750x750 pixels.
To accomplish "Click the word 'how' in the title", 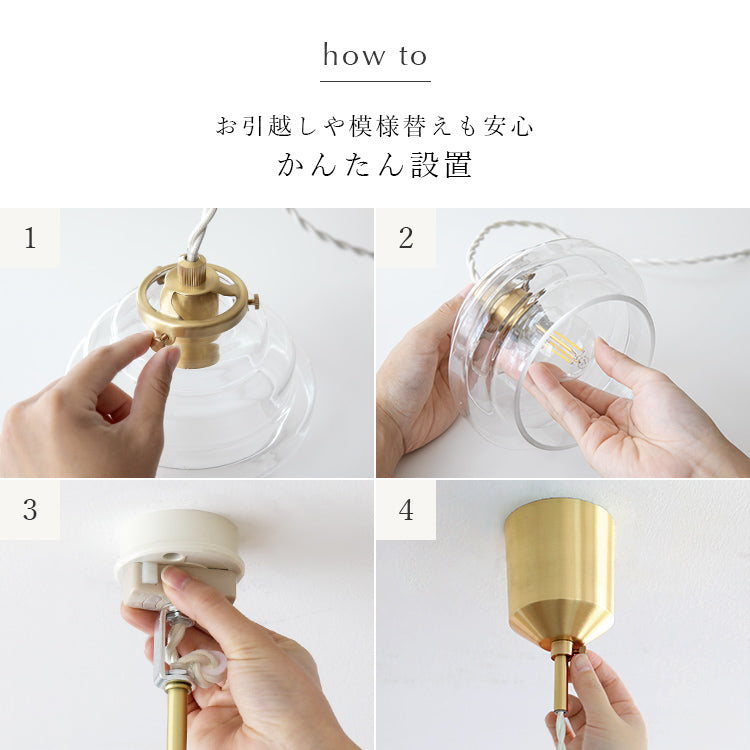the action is (353, 55).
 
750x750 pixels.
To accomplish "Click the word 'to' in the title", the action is (413, 56).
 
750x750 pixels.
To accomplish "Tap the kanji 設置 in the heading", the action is (441, 165).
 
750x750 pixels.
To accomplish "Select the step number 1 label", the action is (30, 238).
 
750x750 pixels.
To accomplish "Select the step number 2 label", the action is (406, 238).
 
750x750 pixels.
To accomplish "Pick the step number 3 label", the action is (30, 510).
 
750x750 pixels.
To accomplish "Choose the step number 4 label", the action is (406, 510).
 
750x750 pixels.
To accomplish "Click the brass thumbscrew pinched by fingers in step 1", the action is (161, 341).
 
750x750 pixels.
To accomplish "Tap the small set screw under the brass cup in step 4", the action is (580, 649).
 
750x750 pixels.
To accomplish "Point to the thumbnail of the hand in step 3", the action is (175, 578).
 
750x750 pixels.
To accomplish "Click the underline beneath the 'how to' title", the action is (375, 81).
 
